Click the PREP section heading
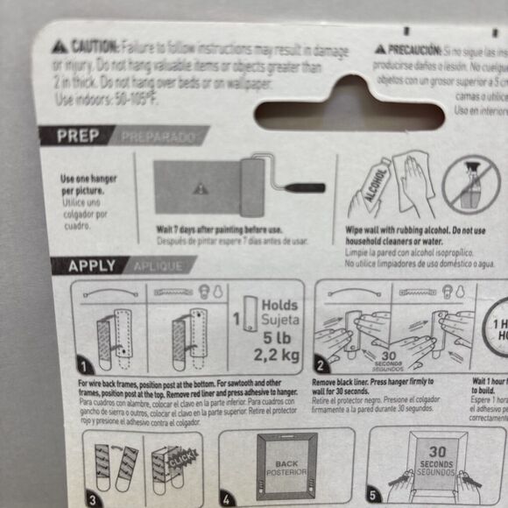point(80,136)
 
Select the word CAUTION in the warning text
point(94,46)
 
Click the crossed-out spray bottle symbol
point(470,187)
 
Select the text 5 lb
point(276,337)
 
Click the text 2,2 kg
point(276,356)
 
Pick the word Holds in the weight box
point(280,306)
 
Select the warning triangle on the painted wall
point(201,187)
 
